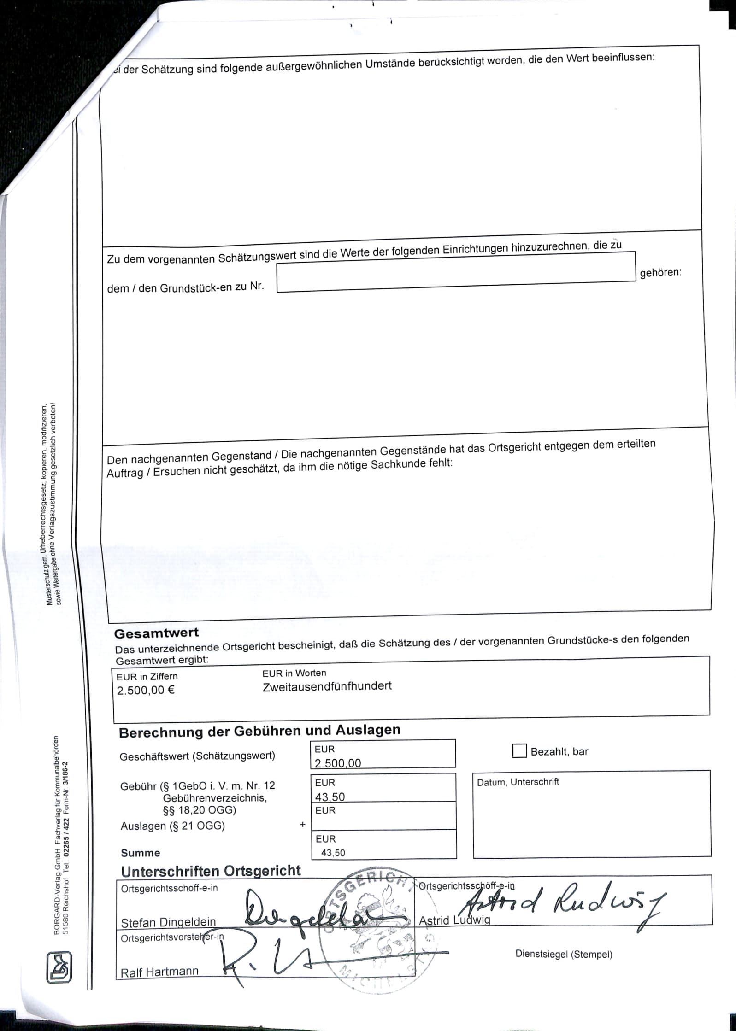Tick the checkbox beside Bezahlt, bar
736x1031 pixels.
click(519, 751)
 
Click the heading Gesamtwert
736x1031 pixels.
click(156, 633)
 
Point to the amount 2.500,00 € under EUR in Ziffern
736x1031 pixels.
click(146, 691)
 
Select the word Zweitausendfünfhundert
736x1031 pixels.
click(327, 686)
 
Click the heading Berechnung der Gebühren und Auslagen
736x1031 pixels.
click(259, 731)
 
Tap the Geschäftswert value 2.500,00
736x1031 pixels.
click(338, 763)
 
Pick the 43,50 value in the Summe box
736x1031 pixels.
click(333, 853)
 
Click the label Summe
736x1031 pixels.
click(141, 853)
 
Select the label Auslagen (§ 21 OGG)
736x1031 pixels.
click(172, 826)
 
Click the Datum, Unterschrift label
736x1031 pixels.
click(518, 782)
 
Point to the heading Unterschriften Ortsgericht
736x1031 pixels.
click(211, 871)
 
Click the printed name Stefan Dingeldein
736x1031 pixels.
click(168, 922)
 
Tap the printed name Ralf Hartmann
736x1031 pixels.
click(159, 972)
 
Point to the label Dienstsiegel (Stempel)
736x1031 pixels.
click(564, 954)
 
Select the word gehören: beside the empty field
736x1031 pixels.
click(660, 272)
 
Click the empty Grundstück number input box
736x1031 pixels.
click(456, 272)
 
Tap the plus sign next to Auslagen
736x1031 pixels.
click(303, 825)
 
